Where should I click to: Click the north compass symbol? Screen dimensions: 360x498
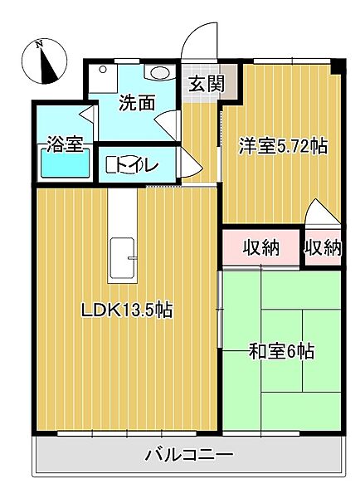pyautogui.click(x=45, y=61)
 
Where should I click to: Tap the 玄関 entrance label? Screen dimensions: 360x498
pyautogui.click(x=207, y=84)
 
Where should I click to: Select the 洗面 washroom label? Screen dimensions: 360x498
pyautogui.click(x=137, y=103)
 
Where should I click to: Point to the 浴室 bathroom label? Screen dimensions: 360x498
pyautogui.click(x=65, y=144)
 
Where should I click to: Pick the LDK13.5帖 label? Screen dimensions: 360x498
pyautogui.click(x=127, y=310)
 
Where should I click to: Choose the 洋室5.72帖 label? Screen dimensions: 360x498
pyautogui.click(x=283, y=146)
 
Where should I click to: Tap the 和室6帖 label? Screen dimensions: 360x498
pyautogui.click(x=281, y=351)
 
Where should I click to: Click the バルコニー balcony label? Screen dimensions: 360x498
pyautogui.click(x=189, y=455)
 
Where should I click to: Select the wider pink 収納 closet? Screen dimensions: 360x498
pyautogui.click(x=261, y=247)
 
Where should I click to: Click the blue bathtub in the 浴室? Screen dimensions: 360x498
pyautogui.click(x=65, y=163)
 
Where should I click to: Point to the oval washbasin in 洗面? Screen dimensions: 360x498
pyautogui.click(x=159, y=73)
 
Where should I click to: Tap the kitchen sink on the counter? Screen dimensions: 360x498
pyautogui.click(x=122, y=258)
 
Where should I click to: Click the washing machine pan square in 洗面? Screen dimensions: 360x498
pyautogui.click(x=103, y=79)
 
